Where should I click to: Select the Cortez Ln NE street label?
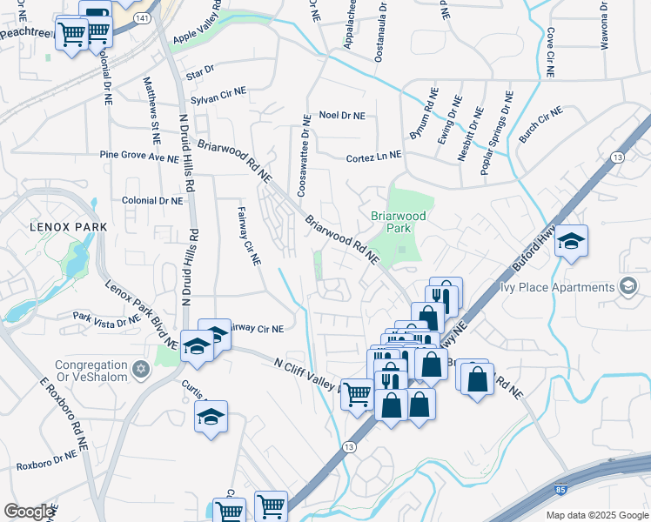pos(373,156)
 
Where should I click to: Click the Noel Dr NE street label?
pos(342,115)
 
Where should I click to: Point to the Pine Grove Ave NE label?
pos(138,157)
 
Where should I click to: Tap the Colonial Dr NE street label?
pos(153,200)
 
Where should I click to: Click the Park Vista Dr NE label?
pos(106,318)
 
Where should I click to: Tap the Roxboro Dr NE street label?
pos(46,454)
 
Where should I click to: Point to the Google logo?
pos(29,512)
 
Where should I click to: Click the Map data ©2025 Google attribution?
pos(596,515)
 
